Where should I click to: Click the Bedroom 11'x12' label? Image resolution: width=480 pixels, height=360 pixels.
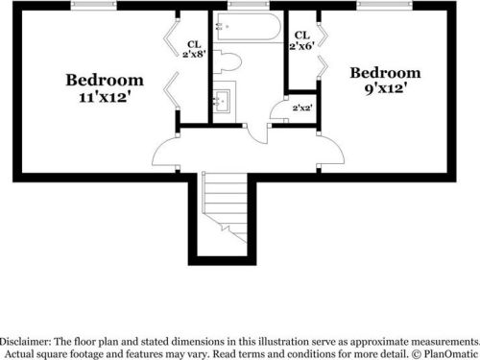105,87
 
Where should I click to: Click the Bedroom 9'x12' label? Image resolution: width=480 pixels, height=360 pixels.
384,81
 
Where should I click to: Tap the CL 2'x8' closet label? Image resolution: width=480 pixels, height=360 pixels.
194,48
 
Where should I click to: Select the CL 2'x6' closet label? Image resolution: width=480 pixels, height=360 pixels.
301,40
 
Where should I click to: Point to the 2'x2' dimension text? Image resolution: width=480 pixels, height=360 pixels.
301,108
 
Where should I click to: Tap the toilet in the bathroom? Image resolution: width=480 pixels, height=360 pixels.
228,63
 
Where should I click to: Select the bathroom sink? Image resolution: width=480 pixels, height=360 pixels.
223,100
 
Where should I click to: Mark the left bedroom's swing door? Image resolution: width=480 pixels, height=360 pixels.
165,151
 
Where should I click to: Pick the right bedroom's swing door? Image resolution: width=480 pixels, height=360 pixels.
330,151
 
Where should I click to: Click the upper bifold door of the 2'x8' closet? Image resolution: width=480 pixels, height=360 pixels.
171,38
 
